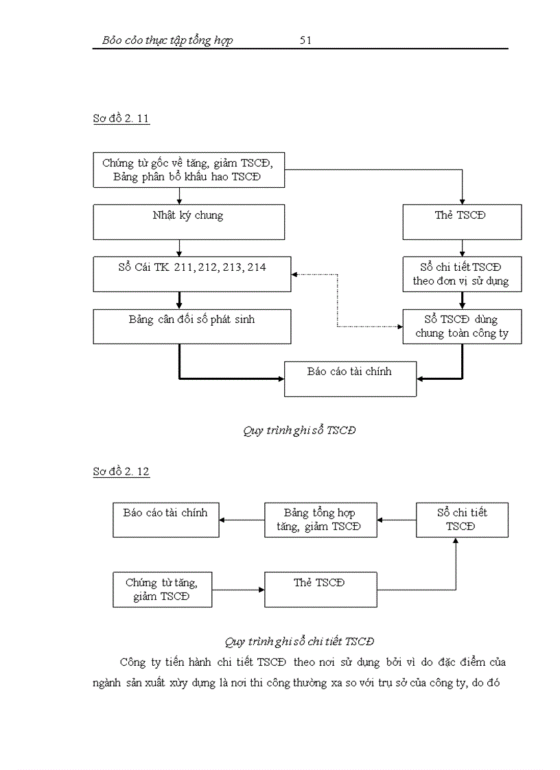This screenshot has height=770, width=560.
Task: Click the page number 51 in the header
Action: point(306,40)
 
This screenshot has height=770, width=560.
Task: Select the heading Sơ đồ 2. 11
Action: point(121,119)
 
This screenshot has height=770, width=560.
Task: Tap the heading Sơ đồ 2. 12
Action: point(121,472)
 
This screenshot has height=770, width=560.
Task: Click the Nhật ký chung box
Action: point(189,222)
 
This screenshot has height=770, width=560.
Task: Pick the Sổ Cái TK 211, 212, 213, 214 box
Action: point(192,274)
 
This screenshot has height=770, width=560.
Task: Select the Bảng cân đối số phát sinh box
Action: point(192,326)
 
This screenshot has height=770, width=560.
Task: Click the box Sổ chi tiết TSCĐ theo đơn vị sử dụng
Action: point(462,274)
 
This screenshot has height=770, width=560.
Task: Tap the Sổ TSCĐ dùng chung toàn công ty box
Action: point(462,326)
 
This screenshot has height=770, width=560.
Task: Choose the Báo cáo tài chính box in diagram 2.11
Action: point(350,378)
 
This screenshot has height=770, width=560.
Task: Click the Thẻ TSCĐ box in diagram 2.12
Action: point(320,589)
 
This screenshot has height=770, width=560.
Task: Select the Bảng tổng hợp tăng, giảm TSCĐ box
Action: point(320,520)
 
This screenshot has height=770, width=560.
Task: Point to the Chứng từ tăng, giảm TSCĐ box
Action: point(162,589)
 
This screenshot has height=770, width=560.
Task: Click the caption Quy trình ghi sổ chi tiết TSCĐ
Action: point(299,642)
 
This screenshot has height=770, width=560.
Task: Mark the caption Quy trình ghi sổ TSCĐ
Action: point(299,431)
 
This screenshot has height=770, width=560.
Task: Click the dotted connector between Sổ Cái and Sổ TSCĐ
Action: point(337,302)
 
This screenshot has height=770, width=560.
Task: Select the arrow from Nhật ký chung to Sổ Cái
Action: point(179,248)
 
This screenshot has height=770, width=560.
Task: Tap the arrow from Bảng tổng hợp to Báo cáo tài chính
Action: point(242,520)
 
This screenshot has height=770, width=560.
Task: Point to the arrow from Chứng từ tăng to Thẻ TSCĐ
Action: point(237,589)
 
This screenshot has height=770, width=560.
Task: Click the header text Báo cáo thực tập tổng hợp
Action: point(167,40)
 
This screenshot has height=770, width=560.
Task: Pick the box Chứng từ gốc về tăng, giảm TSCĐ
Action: point(187,170)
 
